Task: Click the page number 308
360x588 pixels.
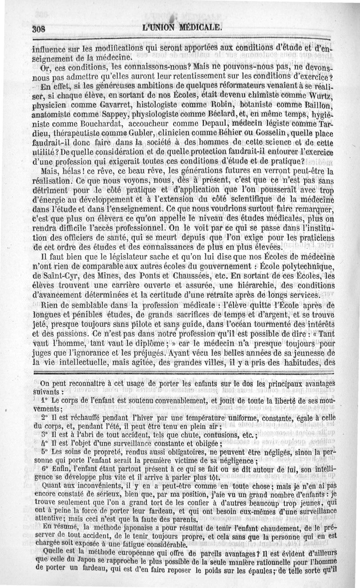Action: click(40, 28)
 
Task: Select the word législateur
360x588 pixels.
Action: click(132, 257)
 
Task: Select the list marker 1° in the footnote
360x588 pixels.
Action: click(44, 400)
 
